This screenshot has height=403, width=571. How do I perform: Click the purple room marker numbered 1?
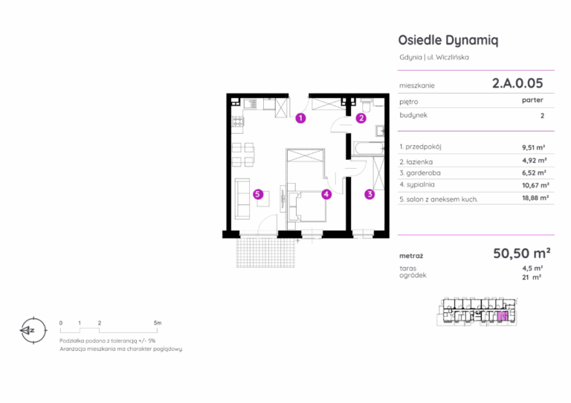[300, 118]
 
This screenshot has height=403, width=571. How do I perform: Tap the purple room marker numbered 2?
[361, 118]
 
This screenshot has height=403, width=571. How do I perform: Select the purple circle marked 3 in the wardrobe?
[370, 194]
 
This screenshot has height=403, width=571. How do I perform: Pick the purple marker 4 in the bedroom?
[326, 194]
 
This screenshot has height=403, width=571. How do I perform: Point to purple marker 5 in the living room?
[258, 194]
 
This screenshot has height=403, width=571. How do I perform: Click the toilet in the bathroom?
[367, 106]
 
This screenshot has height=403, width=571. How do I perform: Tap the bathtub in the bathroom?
[369, 149]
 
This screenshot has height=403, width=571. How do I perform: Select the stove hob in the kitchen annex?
[237, 122]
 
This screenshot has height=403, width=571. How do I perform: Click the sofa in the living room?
[242, 199]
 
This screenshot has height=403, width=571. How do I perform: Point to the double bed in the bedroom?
[307, 207]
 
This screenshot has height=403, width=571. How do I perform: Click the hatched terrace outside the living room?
[265, 253]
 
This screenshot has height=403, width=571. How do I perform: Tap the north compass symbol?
[33, 331]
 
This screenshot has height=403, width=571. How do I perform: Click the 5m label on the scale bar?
[158, 323]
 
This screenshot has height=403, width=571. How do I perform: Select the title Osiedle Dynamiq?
[448, 40]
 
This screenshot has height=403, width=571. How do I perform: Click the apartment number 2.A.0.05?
[517, 83]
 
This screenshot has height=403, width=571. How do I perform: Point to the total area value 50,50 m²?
[522, 253]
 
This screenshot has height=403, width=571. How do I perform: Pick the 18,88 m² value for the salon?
[535, 198]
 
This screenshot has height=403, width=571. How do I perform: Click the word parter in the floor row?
[532, 100]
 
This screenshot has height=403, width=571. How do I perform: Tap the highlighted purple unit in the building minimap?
[503, 316]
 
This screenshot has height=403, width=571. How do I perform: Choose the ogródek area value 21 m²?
[532, 277]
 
